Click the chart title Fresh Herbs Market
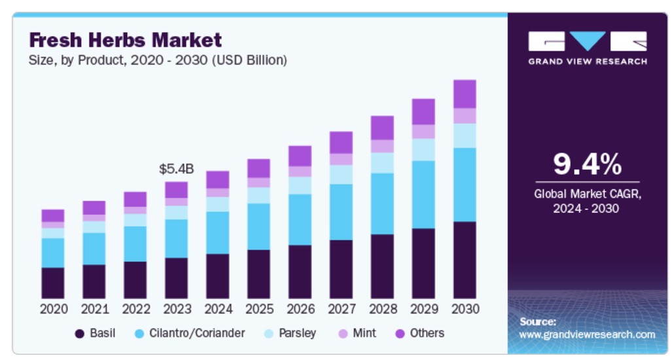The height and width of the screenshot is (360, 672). [126, 41]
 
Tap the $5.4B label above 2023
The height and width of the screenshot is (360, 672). [177, 169]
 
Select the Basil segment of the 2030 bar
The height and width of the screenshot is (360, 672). [465, 260]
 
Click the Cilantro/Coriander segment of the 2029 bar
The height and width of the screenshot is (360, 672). [423, 194]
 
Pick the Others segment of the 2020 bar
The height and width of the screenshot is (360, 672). [53, 215]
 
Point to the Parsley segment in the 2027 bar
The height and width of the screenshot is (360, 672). [341, 174]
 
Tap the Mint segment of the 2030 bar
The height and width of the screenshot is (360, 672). [465, 116]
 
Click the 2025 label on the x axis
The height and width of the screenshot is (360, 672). [258, 308]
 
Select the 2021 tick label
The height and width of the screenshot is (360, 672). [94, 308]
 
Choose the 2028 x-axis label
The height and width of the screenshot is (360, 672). [382, 308]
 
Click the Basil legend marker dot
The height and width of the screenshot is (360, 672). [80, 334]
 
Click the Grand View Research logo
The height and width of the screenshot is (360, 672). [587, 47]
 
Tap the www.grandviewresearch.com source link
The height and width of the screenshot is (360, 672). [587, 334]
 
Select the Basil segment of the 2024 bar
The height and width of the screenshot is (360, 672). [218, 276]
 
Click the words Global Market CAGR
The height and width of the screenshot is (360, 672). [587, 194]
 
